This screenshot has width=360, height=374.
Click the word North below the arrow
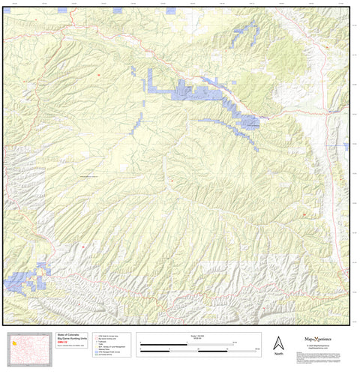[x=277, y=353]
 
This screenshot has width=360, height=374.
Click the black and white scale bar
[x=199, y=346]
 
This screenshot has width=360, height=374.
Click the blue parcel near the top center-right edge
[x=244, y=33]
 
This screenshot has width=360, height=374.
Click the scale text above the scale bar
[x=199, y=337]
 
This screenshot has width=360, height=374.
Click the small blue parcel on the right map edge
[x=346, y=145]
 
